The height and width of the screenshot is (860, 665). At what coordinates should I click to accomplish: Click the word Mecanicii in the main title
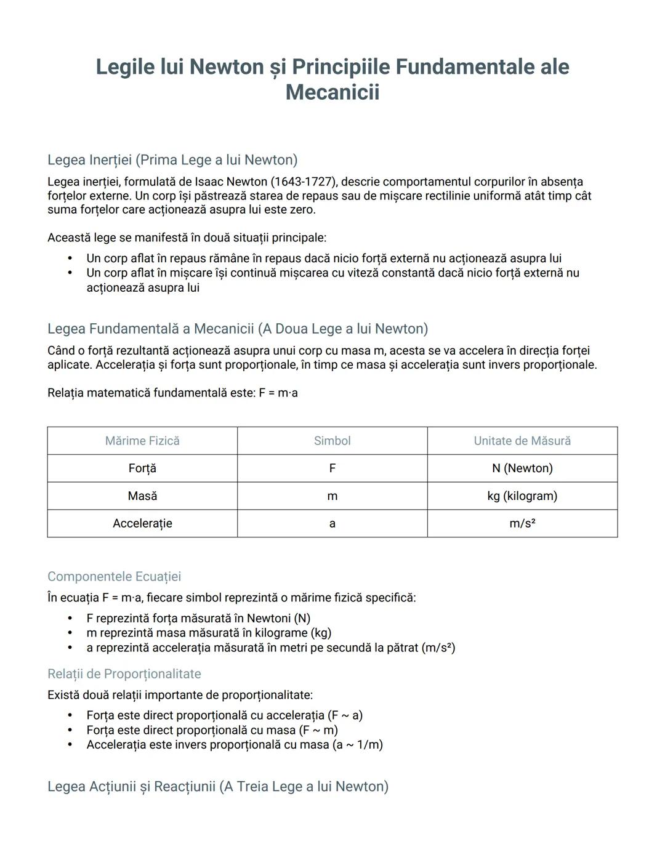(x=332, y=92)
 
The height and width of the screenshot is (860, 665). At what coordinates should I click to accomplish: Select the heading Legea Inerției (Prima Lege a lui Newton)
(x=172, y=160)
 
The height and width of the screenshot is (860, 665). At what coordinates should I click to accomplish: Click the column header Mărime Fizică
(x=142, y=441)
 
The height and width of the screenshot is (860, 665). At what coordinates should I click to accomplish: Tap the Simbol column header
(x=332, y=441)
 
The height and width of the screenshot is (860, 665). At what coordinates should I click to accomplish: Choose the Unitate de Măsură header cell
(x=522, y=441)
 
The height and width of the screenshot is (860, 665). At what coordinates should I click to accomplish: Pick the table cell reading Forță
(x=142, y=468)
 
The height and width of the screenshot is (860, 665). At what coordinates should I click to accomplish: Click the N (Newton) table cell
(x=522, y=468)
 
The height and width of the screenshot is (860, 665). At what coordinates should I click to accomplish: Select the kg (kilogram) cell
(x=522, y=496)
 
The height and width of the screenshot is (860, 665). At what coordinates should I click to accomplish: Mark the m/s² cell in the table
(x=522, y=524)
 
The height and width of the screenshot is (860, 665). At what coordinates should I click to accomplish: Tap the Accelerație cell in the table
(x=142, y=524)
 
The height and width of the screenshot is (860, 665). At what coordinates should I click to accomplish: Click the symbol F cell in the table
(x=332, y=468)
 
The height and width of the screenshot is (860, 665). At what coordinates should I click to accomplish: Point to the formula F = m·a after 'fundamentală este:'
(x=278, y=393)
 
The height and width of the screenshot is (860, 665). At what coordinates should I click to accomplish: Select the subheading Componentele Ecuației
(x=114, y=577)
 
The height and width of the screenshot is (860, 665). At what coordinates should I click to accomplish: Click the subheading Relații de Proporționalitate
(x=124, y=674)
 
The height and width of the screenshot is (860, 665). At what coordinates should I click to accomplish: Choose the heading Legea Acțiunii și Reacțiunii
(x=218, y=787)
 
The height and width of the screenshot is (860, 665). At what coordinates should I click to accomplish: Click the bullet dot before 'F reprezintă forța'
(x=70, y=619)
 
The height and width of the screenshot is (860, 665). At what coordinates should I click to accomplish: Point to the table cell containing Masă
(x=142, y=496)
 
